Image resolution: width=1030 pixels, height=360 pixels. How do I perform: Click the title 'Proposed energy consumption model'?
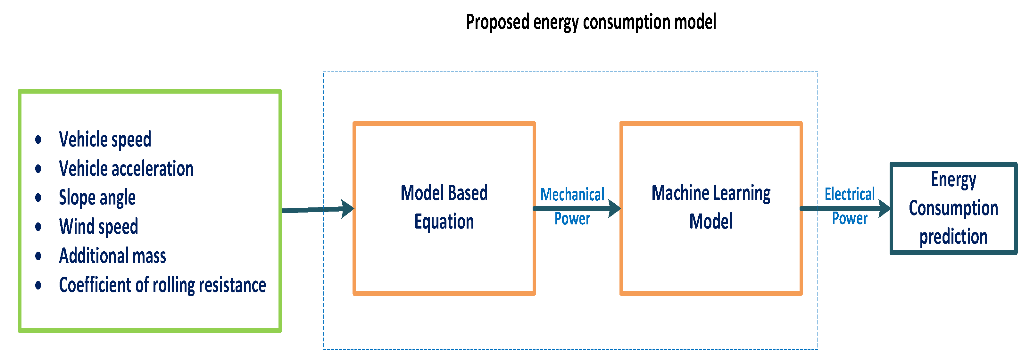click(591, 22)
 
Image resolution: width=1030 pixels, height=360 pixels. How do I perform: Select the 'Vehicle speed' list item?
click(105, 139)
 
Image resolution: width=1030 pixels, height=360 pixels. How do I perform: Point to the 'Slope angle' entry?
click(97, 197)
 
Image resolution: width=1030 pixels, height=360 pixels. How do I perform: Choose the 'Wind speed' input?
click(98, 227)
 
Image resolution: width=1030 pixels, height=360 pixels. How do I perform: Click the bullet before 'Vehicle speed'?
click(38, 139)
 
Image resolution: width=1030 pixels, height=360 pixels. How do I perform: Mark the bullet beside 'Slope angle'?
click(38, 197)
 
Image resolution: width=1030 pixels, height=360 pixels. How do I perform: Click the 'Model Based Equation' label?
click(444, 207)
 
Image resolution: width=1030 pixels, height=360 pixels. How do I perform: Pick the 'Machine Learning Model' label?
click(711, 207)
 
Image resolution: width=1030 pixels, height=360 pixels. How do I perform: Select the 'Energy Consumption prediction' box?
click(953, 208)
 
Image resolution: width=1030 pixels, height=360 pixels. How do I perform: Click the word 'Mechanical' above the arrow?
click(572, 195)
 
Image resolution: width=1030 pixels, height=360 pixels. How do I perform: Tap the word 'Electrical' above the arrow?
click(850, 194)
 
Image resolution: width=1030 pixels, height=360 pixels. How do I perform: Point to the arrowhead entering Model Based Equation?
click(347, 208)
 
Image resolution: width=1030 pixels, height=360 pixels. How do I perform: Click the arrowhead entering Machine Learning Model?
click(615, 208)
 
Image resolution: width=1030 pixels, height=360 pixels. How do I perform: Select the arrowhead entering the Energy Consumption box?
click(885, 208)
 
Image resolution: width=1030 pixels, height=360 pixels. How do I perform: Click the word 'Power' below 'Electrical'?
click(850, 218)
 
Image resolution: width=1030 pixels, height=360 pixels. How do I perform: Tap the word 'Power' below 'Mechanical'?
click(572, 219)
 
